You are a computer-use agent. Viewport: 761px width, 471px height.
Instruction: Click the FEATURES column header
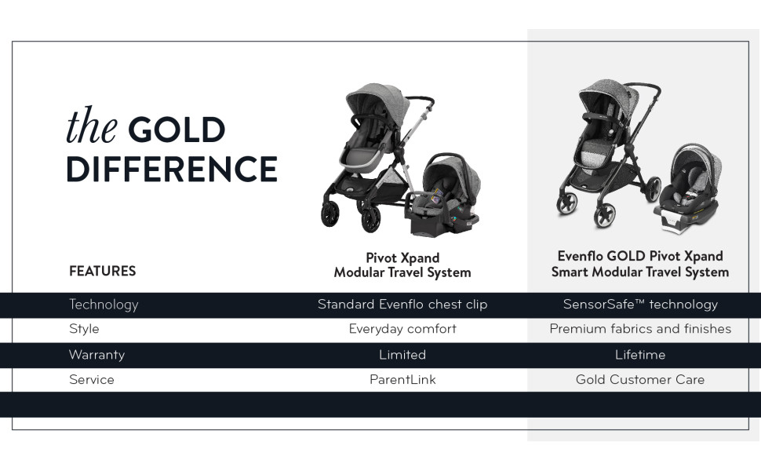tap(103, 271)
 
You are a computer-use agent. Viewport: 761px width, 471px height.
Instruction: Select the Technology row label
tap(104, 305)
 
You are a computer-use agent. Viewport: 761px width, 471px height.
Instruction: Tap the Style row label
tap(84, 329)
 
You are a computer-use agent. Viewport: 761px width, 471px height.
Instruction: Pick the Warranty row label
tap(96, 355)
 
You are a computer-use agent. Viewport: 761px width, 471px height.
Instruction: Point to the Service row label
tap(91, 380)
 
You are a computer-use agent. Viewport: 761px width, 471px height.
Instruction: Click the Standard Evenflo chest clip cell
tap(402, 305)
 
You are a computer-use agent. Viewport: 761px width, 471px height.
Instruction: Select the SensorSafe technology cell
tap(640, 305)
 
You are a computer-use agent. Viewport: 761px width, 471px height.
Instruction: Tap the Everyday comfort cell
tap(402, 329)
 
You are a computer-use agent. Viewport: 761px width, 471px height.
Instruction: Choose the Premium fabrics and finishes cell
tap(640, 329)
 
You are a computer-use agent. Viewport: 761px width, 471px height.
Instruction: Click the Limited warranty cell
tap(402, 355)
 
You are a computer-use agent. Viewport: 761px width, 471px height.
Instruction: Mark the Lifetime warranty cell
tap(640, 355)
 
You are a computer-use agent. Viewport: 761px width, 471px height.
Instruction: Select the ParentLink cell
tap(402, 380)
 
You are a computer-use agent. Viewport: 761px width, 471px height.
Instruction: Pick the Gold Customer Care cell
tap(640, 380)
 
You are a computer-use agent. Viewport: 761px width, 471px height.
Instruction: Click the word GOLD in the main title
tap(177, 130)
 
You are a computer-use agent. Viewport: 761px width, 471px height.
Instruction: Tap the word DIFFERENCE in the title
tap(172, 169)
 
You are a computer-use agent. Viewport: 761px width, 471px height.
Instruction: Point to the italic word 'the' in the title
tap(92, 126)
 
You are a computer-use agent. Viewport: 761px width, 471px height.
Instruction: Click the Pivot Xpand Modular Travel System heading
tap(402, 265)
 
